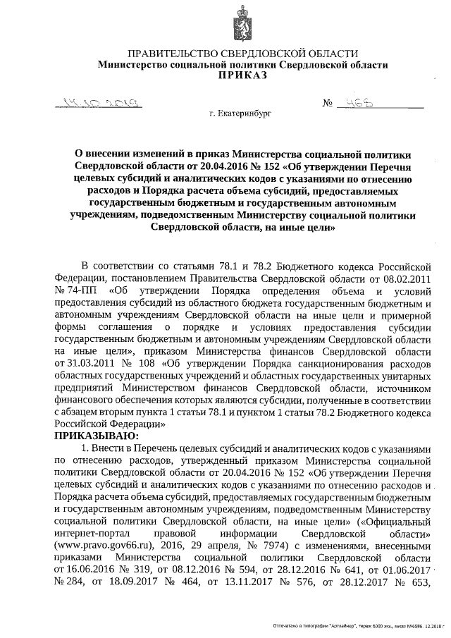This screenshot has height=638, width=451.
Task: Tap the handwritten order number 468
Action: (346, 104)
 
